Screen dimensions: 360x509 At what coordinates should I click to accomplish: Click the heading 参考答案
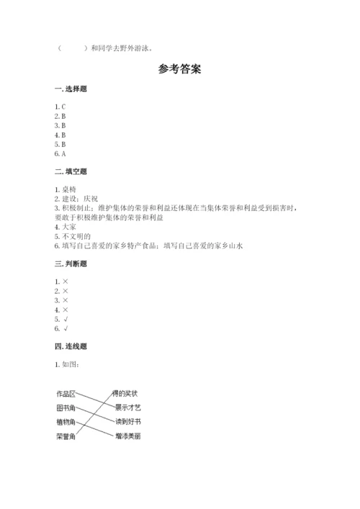tap(179, 71)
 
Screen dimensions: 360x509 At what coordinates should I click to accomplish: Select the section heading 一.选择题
tap(71, 89)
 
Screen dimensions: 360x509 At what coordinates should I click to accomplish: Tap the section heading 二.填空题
tap(71, 171)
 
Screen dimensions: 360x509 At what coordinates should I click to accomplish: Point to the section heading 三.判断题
tap(71, 263)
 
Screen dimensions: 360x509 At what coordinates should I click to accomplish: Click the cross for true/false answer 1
tap(64, 281)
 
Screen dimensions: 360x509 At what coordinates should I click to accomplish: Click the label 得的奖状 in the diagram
tap(125, 393)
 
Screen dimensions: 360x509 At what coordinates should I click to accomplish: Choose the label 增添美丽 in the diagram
tap(127, 436)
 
